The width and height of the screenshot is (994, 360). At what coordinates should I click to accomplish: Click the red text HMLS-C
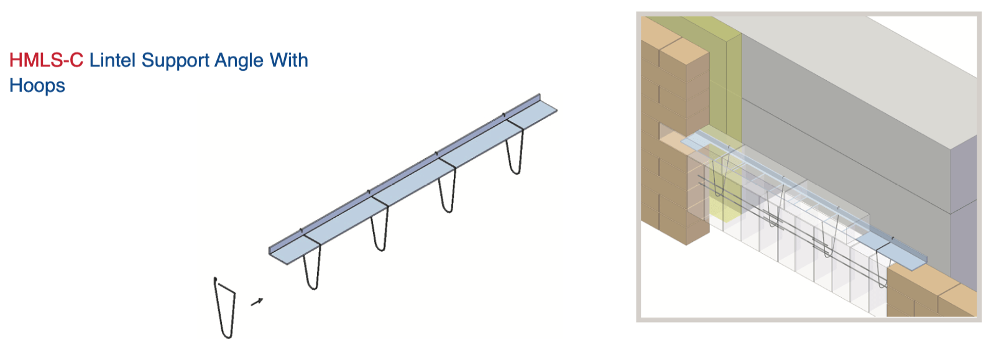click(46, 60)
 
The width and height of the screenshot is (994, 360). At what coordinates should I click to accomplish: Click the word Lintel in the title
click(113, 60)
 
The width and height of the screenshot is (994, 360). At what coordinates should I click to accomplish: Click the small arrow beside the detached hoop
click(257, 302)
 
